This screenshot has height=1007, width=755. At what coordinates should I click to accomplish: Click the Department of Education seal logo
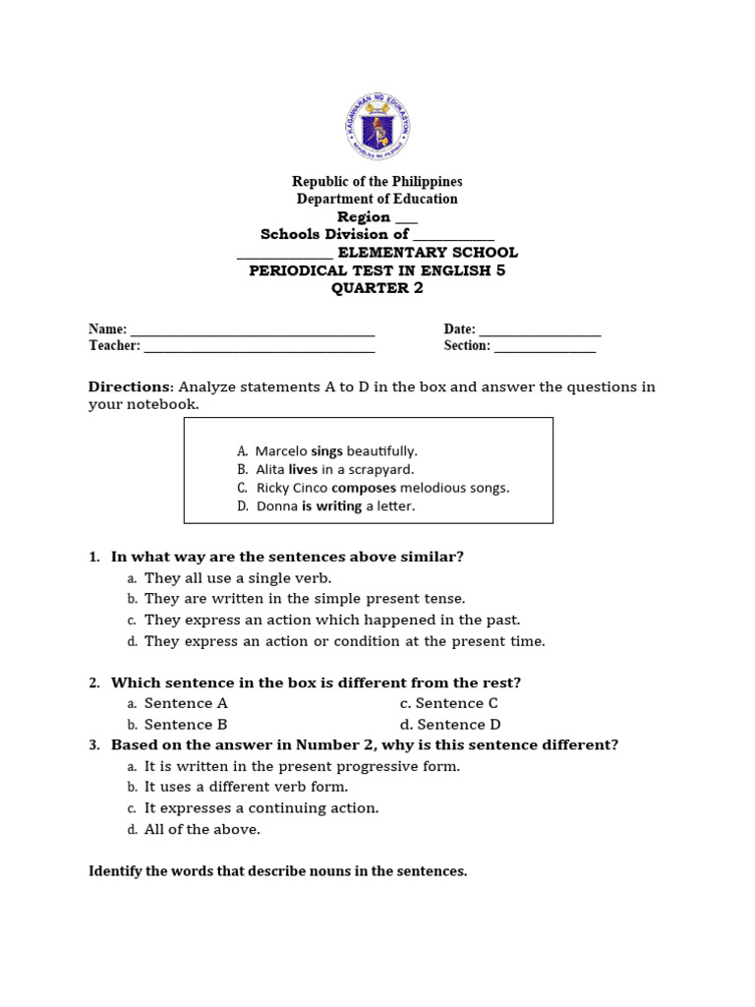click(377, 127)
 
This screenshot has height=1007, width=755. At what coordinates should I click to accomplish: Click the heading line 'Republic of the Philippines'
click(377, 182)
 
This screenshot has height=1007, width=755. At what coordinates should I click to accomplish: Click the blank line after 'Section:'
click(545, 347)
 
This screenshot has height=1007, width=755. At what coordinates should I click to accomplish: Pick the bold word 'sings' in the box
click(326, 451)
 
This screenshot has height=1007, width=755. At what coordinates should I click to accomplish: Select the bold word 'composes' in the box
click(364, 488)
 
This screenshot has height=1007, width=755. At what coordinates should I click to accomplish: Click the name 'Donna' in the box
click(277, 506)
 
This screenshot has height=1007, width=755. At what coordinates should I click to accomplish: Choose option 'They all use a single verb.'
click(238, 578)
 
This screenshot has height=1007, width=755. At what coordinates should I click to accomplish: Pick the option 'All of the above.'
click(203, 829)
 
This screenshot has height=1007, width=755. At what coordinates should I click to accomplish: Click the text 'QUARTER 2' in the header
click(377, 288)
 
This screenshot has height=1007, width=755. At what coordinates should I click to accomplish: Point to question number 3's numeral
click(94, 745)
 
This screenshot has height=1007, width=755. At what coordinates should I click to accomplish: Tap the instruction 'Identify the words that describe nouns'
click(278, 871)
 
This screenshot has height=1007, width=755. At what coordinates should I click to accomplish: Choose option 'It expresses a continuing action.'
click(261, 808)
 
